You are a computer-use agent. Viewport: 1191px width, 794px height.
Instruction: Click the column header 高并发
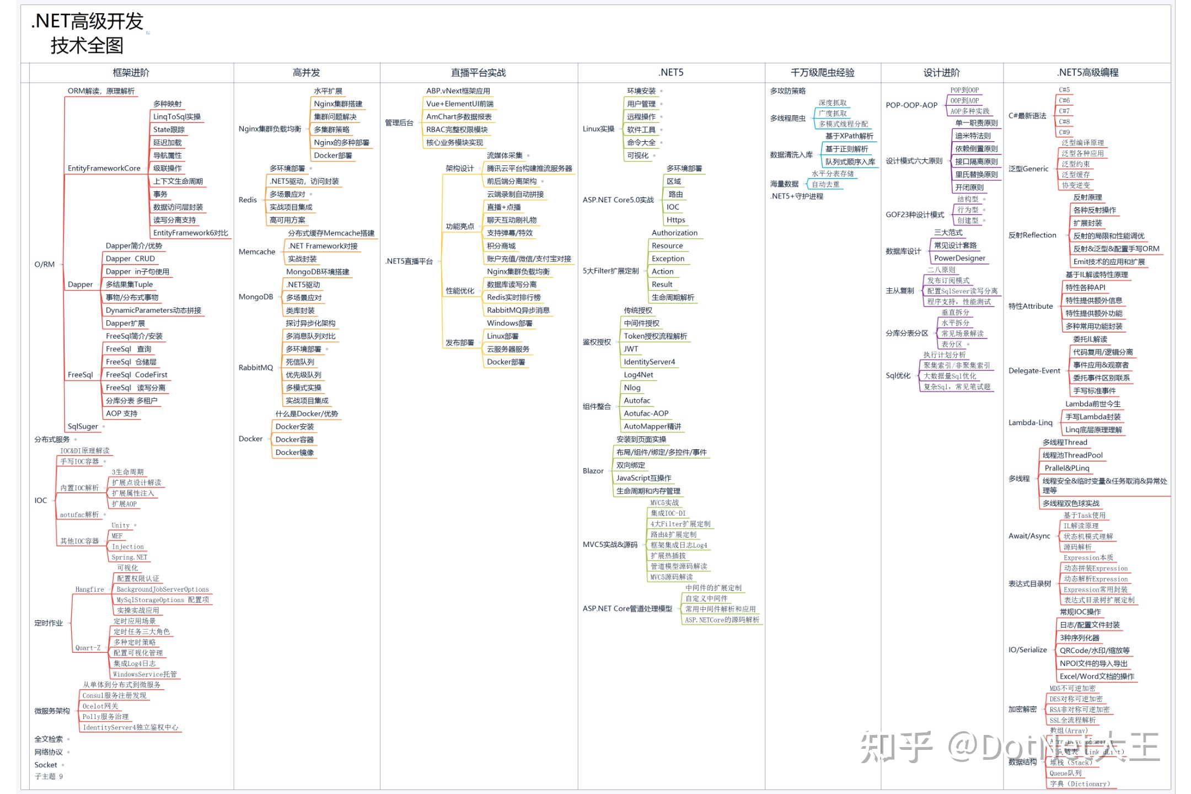click(306, 72)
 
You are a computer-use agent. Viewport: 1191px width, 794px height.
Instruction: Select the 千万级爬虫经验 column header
click(822, 72)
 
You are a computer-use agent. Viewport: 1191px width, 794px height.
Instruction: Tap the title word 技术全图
click(87, 45)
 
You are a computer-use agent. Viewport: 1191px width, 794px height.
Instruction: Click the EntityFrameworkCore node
click(104, 168)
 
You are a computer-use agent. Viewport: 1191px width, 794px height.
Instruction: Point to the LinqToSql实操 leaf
click(177, 116)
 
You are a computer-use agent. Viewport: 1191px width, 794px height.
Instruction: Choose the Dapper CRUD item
click(130, 259)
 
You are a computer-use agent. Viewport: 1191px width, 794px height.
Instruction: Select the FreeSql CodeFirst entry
click(137, 375)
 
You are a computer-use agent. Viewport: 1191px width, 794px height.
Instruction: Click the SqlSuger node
click(83, 426)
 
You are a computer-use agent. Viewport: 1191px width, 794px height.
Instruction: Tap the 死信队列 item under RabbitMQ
click(300, 362)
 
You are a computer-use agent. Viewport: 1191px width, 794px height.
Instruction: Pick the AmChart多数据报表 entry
click(459, 116)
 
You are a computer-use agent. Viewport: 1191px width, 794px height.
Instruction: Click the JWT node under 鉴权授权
click(631, 349)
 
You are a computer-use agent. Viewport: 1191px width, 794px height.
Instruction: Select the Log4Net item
click(639, 375)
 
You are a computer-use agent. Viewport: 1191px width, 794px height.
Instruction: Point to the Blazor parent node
click(593, 471)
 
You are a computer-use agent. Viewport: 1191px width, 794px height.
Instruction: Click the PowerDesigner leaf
click(959, 258)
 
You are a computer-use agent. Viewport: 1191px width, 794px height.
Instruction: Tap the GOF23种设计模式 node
click(915, 214)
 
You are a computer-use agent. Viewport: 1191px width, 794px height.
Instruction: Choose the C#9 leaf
click(1064, 132)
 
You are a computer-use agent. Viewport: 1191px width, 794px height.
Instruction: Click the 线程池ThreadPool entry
click(1072, 455)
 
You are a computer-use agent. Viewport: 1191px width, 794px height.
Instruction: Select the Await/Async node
click(1029, 536)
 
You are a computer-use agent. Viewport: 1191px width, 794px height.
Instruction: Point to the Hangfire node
click(89, 589)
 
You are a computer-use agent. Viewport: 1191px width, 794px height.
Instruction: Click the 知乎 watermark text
click(896, 747)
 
